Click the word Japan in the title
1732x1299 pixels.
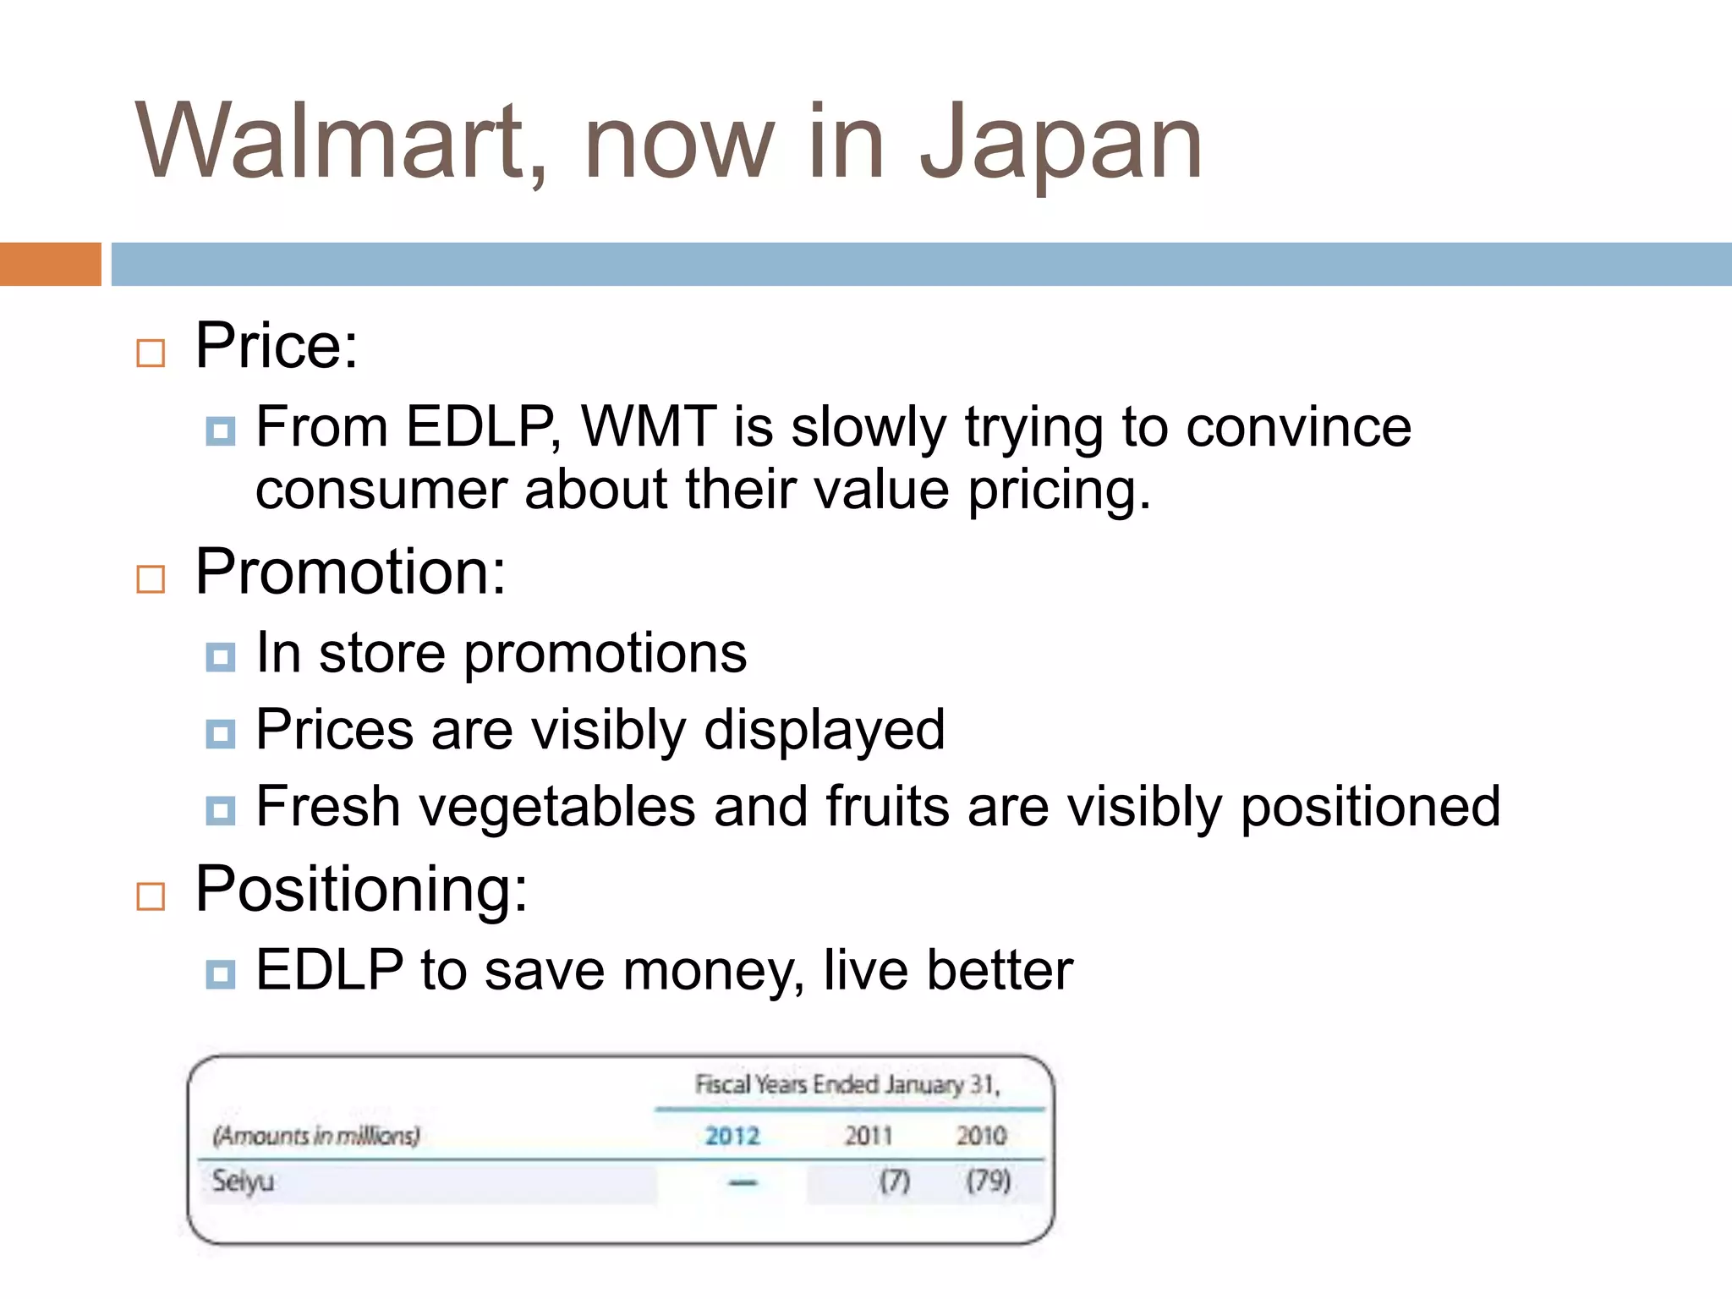coord(1061,144)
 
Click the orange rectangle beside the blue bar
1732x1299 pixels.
coord(50,264)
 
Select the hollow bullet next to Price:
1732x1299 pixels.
coord(151,353)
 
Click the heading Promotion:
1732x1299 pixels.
coord(350,573)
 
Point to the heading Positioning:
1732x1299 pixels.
coord(361,890)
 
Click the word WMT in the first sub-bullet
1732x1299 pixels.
coord(649,426)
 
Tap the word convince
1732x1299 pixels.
coord(1298,428)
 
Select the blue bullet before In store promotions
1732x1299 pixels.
coord(221,656)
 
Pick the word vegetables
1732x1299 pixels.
coord(557,808)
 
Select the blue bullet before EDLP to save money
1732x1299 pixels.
coord(221,974)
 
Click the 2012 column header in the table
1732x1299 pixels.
coord(732,1135)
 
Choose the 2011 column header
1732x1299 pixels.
coord(868,1135)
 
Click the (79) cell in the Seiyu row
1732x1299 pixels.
coord(988,1181)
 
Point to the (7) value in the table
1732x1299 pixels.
coord(894,1181)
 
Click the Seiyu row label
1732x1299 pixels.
coord(243,1181)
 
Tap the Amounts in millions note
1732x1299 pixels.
coord(316,1135)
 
